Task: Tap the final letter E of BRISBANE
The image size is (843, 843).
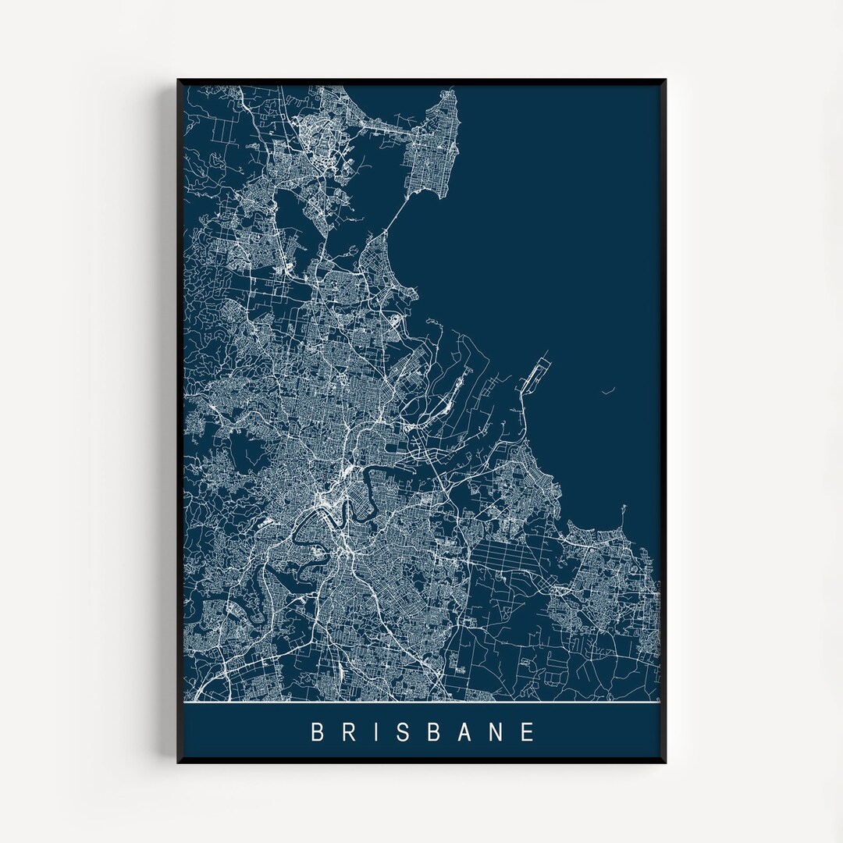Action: (528, 732)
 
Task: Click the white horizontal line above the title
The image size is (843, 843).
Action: (421, 702)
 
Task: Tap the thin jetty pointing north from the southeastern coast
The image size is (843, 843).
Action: (624, 515)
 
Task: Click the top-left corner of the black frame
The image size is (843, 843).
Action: (179, 80)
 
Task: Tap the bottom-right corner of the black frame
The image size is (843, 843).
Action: (665, 762)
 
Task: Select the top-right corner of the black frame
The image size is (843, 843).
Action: (665, 80)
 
